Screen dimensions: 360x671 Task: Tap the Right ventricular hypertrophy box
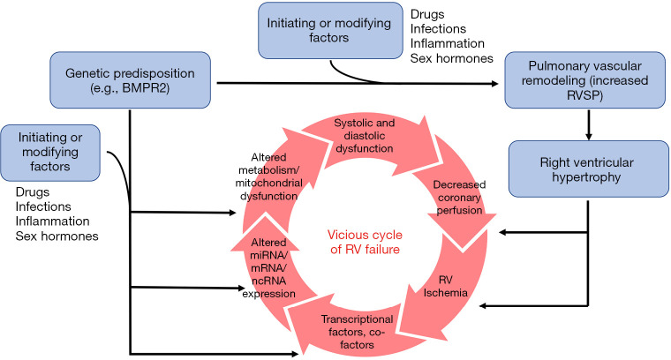[x=587, y=169]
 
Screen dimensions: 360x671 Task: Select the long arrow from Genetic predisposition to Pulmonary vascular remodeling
[x=353, y=84]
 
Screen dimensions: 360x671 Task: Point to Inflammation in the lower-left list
[x=54, y=221]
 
